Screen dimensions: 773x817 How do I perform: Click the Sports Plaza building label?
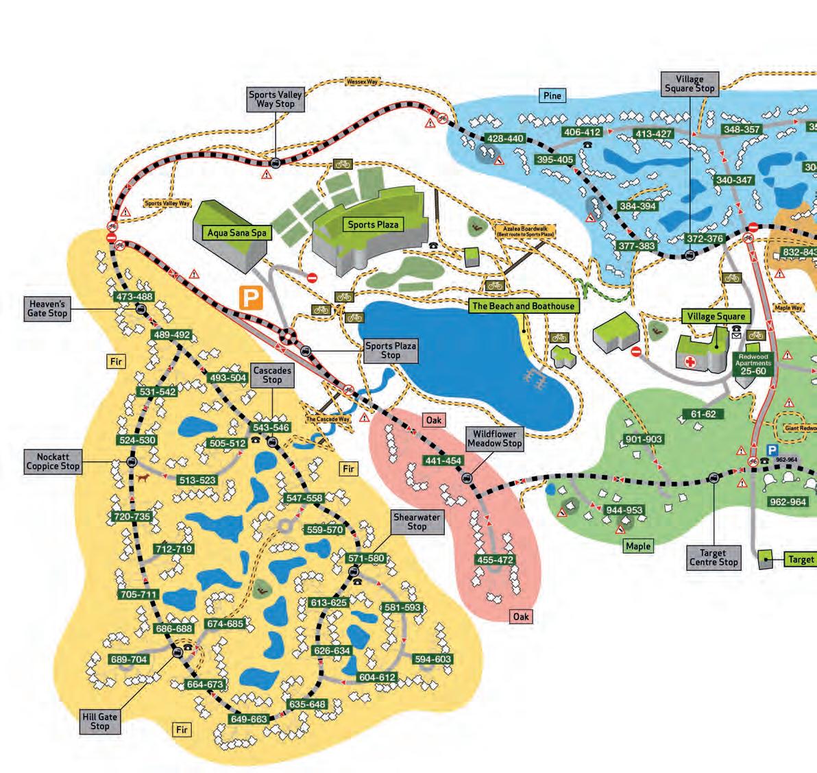coord(373,224)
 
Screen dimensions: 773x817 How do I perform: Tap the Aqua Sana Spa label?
coord(237,233)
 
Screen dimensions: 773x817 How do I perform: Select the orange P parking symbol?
coord(251,297)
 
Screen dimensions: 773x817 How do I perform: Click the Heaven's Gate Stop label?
coord(47,308)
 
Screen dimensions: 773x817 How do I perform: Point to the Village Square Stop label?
coord(690,84)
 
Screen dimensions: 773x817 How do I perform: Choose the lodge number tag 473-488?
coord(134,297)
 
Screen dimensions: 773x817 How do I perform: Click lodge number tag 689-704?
coord(129,659)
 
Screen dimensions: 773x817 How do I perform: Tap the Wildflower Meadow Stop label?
coord(495,439)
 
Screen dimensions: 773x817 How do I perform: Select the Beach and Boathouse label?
coord(523,306)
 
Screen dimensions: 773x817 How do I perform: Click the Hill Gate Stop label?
coord(100,721)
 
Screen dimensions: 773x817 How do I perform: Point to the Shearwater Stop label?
coord(417,522)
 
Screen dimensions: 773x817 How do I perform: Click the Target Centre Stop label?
coord(714,557)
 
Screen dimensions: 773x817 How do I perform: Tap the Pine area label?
coord(552,96)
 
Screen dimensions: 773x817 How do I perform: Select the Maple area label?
coord(637,545)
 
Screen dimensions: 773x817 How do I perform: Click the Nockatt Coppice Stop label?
coord(53,461)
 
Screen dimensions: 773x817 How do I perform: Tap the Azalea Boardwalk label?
coord(526,231)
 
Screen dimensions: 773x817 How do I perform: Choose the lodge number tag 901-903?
coord(644,439)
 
